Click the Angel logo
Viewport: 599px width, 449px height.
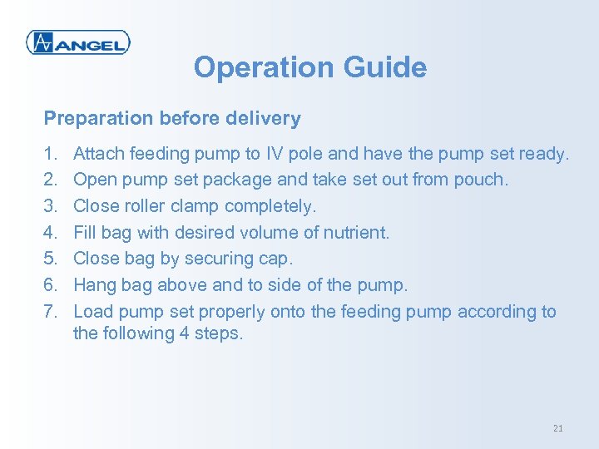77,42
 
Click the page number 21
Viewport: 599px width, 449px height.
557,428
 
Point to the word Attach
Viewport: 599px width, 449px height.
97,153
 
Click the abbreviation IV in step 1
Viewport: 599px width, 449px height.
275,153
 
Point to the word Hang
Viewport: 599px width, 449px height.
93,285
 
